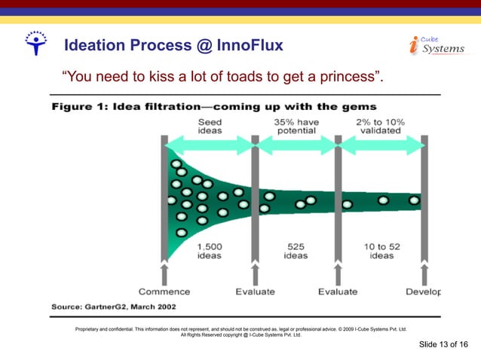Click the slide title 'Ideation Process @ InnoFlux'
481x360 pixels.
[x=174, y=46]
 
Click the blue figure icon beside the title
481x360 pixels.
[x=35, y=44]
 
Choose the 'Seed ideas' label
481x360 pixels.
[x=210, y=126]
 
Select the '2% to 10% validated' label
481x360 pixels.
[x=380, y=126]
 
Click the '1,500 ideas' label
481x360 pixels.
[x=209, y=251]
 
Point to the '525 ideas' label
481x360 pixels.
[x=296, y=251]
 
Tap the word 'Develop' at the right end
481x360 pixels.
[x=422, y=291]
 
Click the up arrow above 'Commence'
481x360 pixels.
[x=164, y=273]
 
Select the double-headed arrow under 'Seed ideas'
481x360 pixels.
[x=210, y=145]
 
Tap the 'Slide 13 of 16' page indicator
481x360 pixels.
[x=443, y=344]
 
